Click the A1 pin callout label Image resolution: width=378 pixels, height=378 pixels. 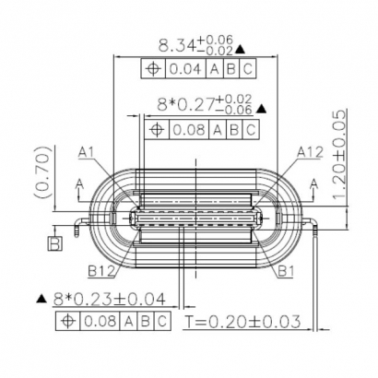click(x=88, y=151)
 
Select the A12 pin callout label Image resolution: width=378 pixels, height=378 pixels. click(x=310, y=152)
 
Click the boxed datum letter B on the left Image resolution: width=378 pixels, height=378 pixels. click(x=54, y=244)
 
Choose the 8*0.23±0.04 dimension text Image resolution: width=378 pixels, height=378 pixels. click(x=102, y=300)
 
